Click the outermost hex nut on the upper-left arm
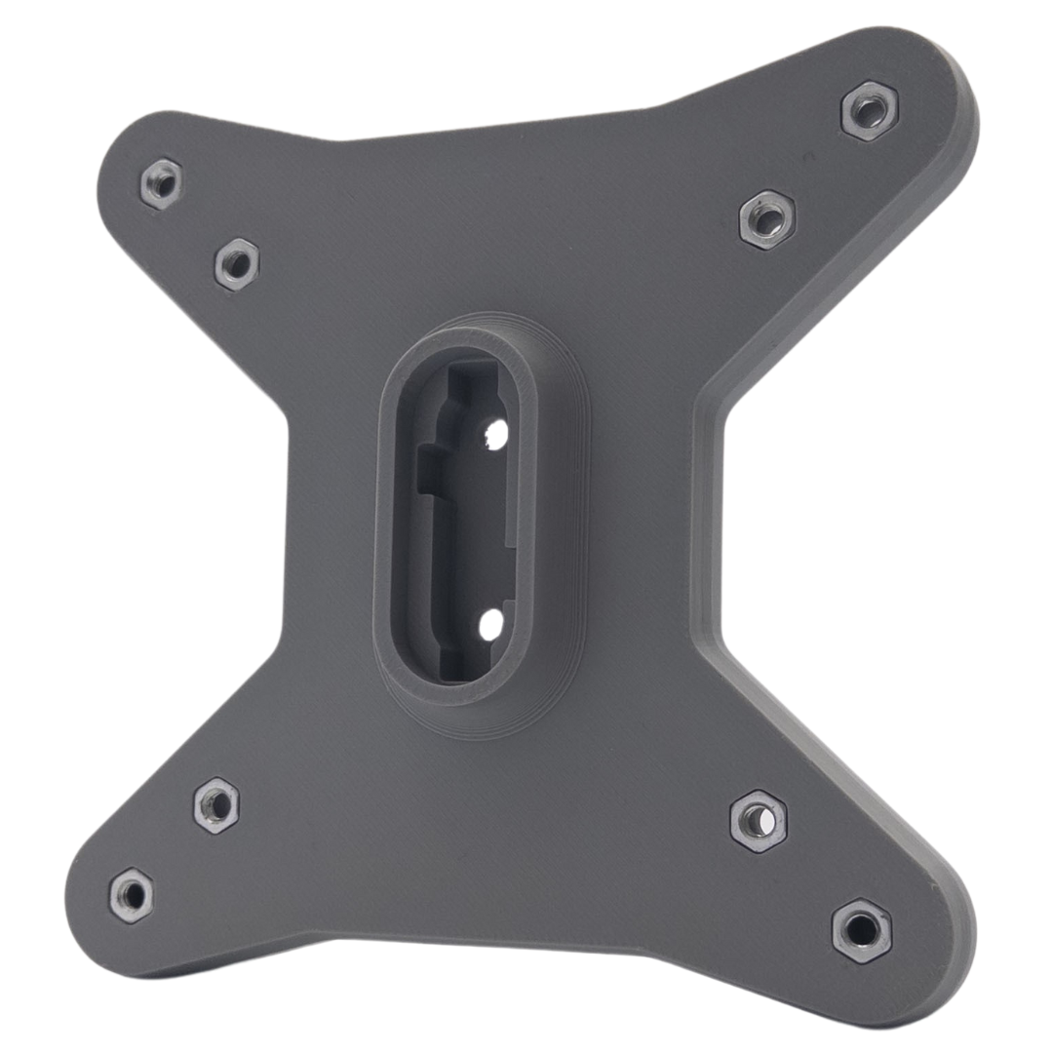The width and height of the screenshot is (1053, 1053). [x=161, y=183]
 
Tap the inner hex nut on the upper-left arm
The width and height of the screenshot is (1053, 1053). [x=236, y=263]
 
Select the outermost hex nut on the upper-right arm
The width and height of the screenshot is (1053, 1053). [x=869, y=111]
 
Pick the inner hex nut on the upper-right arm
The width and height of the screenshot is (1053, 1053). [x=767, y=220]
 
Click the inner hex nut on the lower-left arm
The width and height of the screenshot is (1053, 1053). [x=216, y=805]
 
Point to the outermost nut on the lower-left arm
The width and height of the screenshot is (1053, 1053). [x=131, y=895]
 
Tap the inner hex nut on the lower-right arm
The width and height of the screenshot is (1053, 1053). [x=759, y=821]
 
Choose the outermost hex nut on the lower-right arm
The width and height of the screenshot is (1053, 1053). [x=861, y=930]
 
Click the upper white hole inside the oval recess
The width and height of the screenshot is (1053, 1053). [x=495, y=435]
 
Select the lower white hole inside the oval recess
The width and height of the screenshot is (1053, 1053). [x=490, y=625]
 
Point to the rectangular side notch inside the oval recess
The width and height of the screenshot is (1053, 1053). [x=427, y=471]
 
